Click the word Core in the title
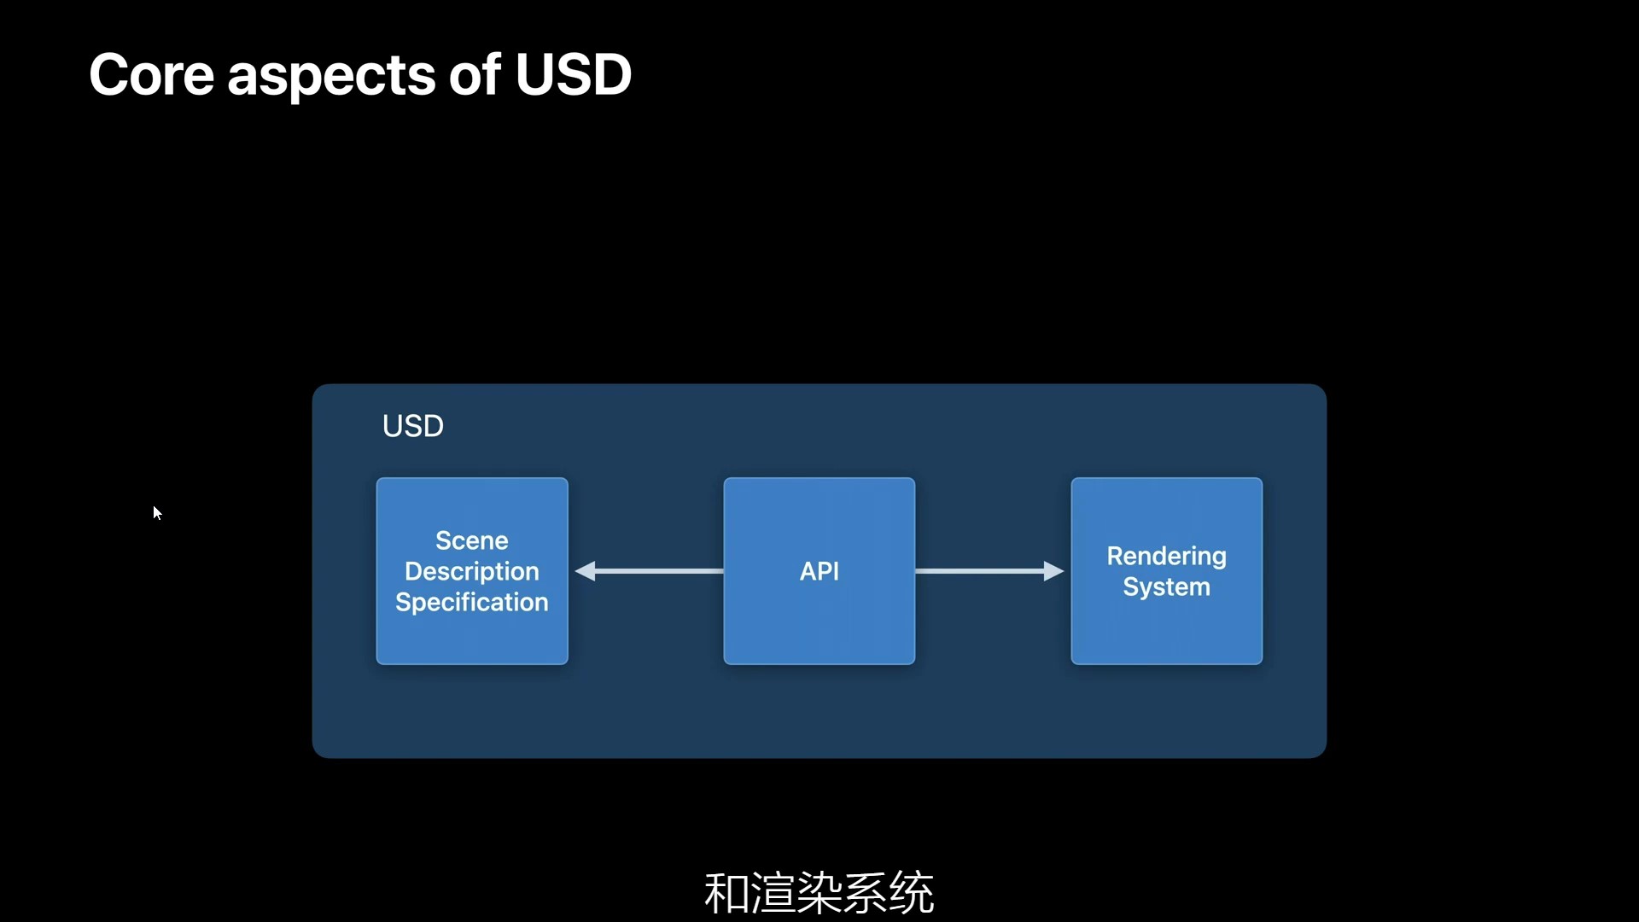click(151, 75)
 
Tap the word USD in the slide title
click(573, 75)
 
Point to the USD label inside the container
click(412, 426)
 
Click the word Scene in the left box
click(471, 540)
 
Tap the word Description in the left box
click(471, 571)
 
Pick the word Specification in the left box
click(471, 602)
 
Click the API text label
click(819, 571)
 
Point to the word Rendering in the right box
click(1166, 556)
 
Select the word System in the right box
click(1166, 587)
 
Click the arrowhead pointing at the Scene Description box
click(586, 571)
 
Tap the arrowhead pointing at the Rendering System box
click(1053, 571)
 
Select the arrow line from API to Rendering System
click(977, 571)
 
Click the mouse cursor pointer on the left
click(157, 512)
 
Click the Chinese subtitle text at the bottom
click(819, 893)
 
